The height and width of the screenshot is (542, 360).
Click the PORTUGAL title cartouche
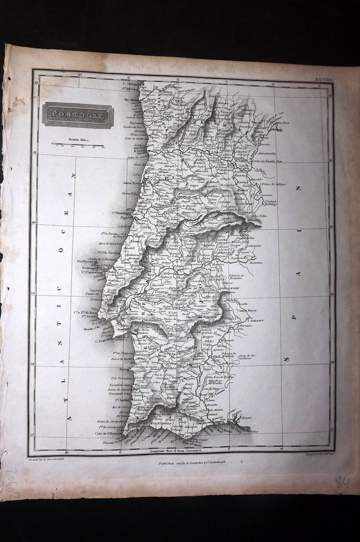point(78,115)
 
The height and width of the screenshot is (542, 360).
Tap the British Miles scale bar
point(77,145)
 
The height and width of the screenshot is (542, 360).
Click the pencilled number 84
point(342,481)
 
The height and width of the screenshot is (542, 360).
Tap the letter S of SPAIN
point(286,360)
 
